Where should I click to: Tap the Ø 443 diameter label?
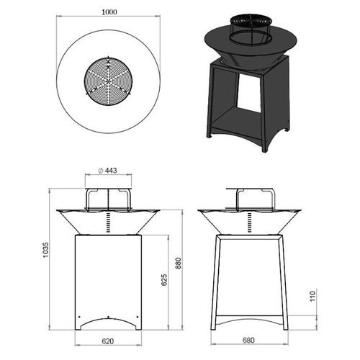coord(108,171)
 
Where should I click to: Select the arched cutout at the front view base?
coord(108,321)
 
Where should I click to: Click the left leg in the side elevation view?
coord(215,281)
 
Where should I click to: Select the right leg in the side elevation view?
coord(284,281)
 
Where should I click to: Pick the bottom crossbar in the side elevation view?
coord(249,319)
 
